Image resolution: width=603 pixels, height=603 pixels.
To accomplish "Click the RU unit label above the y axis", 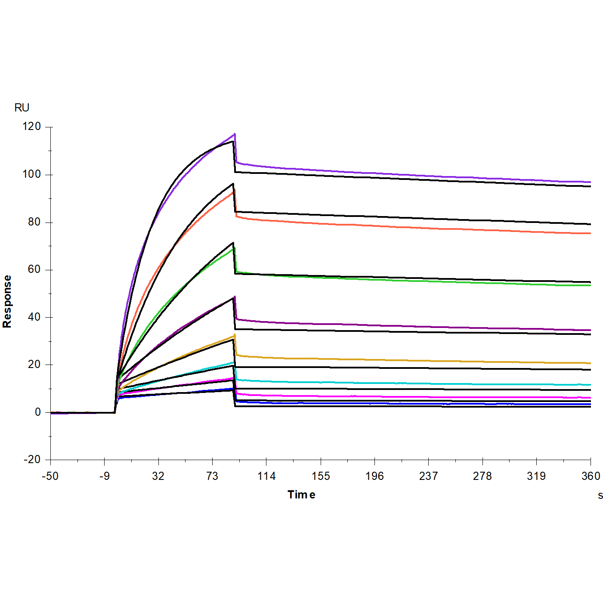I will pyautogui.click(x=22, y=108).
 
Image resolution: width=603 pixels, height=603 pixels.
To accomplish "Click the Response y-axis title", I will pyautogui.click(x=7, y=301).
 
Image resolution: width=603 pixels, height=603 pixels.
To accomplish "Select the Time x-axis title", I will pyautogui.click(x=301, y=495).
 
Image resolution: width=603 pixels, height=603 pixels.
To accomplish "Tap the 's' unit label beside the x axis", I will pyautogui.click(x=600, y=495).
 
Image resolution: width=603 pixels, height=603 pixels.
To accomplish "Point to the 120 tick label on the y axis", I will pyautogui.click(x=31, y=127).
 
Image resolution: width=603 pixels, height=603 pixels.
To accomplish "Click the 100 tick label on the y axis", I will pyautogui.click(x=31, y=174).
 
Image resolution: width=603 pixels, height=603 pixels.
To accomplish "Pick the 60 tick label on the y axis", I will pyautogui.click(x=34, y=269).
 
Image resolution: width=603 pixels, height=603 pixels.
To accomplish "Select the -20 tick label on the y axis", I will pyautogui.click(x=31, y=460).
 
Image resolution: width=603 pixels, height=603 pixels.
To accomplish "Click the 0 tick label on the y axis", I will pyautogui.click(x=37, y=412).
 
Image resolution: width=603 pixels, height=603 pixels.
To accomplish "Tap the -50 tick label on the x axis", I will pyautogui.click(x=50, y=476).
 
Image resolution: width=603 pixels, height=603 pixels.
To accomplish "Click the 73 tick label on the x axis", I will pyautogui.click(x=212, y=476).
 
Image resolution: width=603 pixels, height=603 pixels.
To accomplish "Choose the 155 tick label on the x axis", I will pyautogui.click(x=321, y=476).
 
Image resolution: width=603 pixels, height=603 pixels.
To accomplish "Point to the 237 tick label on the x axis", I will pyautogui.click(x=428, y=476).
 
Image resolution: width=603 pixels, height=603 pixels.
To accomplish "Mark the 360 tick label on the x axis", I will pyautogui.click(x=591, y=476).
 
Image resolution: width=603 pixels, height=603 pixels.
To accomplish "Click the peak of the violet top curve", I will pyautogui.click(x=235, y=134).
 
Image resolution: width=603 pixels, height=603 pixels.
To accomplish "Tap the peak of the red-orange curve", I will pyautogui.click(x=234, y=191).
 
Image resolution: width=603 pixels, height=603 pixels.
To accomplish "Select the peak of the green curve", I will pyautogui.click(x=234, y=248).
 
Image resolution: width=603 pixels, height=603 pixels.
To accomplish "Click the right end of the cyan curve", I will pyautogui.click(x=590, y=385).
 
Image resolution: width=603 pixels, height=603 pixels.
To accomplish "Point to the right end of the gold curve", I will pyautogui.click(x=590, y=363).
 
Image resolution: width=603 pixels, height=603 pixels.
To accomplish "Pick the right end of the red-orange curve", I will pyautogui.click(x=590, y=233).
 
